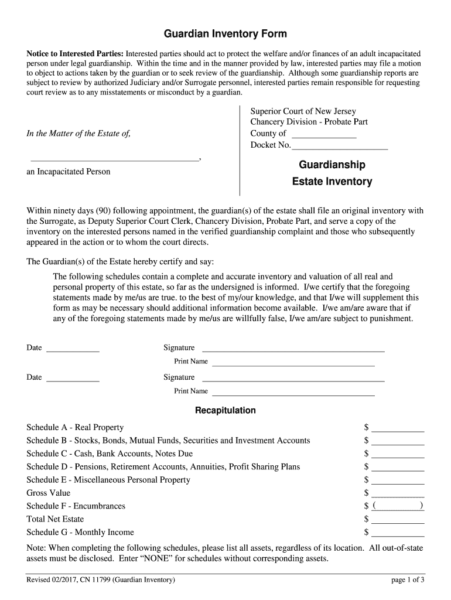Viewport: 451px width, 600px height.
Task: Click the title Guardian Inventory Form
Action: [x=225, y=34]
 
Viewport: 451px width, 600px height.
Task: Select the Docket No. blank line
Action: [x=339, y=146]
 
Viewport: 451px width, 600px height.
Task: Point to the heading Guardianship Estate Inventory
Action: [x=332, y=173]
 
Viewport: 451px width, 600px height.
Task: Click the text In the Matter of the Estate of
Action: [x=78, y=134]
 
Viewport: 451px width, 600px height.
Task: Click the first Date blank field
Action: [x=73, y=349]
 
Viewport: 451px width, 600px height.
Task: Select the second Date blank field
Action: [x=73, y=378]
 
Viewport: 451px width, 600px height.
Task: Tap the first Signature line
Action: [x=293, y=348]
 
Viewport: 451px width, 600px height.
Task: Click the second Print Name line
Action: [x=293, y=392]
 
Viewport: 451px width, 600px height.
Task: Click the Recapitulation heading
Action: [x=225, y=410]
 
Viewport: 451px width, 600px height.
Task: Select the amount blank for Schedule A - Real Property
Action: [x=398, y=428]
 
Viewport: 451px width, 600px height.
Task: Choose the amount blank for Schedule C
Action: [x=398, y=454]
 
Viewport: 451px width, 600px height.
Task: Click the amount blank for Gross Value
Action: [x=398, y=493]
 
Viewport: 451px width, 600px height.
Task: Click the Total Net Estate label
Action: [x=55, y=519]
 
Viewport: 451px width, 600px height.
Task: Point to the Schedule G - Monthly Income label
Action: [x=80, y=533]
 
